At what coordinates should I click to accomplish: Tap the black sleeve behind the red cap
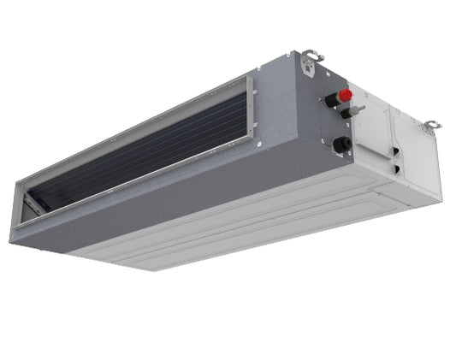333,101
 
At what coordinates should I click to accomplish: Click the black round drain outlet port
341,145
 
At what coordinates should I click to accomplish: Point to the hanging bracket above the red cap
314,57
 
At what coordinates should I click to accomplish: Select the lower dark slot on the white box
396,168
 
